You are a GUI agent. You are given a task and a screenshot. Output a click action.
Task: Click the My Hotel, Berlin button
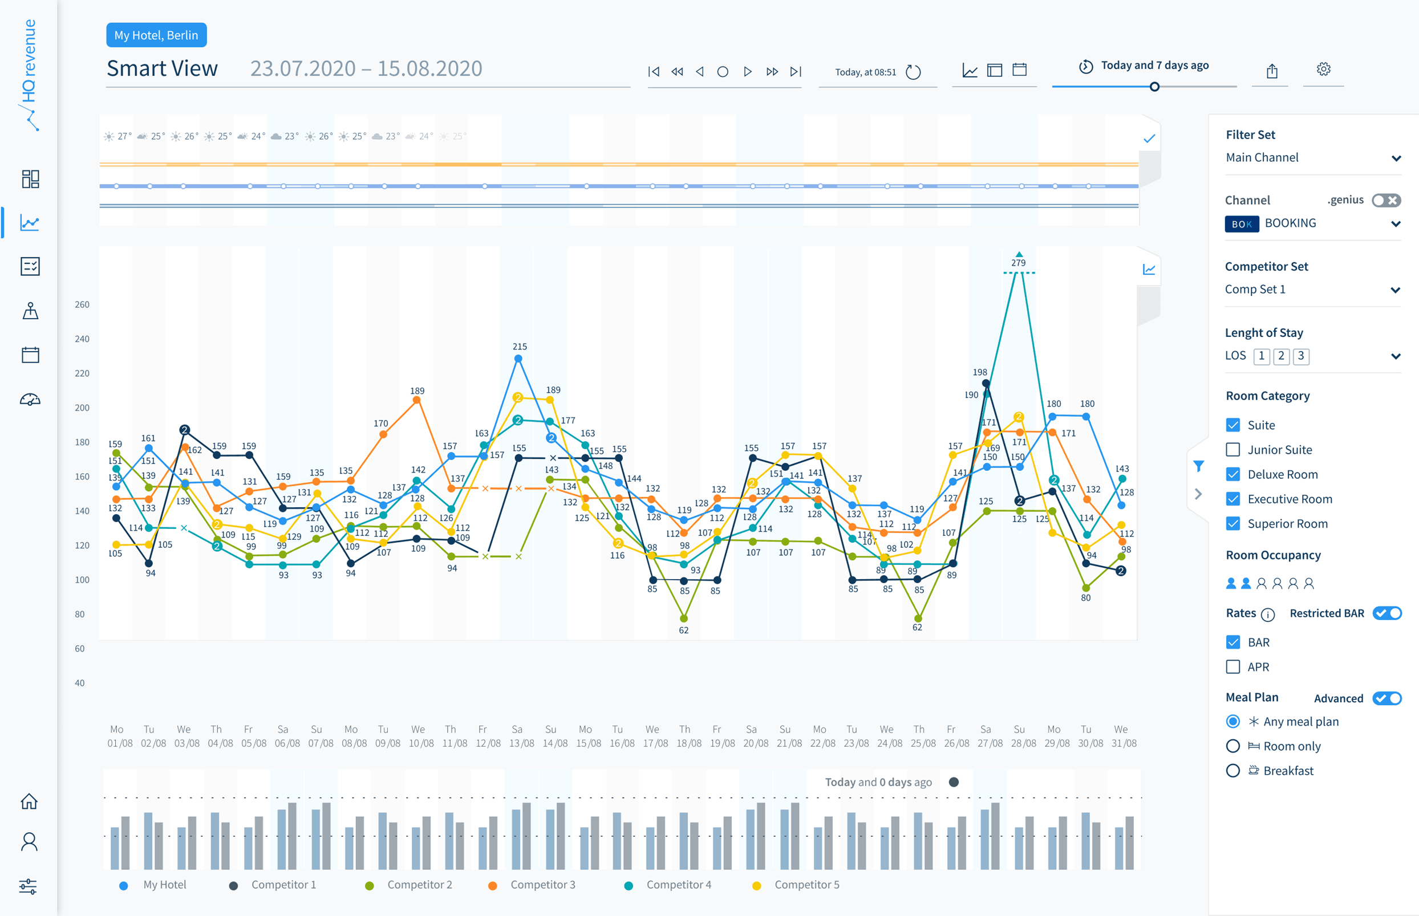156,35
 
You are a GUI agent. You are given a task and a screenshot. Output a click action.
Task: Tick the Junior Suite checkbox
1232,450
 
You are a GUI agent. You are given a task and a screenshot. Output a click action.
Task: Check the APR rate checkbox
1232,667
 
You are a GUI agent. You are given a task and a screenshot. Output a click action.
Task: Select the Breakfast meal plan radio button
1232,771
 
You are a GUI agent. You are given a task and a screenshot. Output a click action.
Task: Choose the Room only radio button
1232,746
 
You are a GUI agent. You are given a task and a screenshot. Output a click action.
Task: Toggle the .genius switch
1386,201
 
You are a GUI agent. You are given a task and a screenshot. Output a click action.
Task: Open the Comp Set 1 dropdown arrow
1395,290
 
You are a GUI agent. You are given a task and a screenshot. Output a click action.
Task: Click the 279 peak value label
1018,263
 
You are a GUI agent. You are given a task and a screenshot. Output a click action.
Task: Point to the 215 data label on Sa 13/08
520,346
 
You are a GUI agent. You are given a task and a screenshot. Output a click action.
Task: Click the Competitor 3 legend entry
542,885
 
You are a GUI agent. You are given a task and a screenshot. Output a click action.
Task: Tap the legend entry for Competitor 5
806,885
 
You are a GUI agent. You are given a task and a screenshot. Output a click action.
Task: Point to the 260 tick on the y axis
82,304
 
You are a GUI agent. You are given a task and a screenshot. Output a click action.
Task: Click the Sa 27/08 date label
990,736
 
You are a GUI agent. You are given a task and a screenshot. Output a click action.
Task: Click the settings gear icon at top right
1323,70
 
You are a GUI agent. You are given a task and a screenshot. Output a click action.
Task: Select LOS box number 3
1301,356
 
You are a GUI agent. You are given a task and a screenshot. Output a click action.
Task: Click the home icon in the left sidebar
29,801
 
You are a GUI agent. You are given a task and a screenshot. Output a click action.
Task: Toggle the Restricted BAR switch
1387,613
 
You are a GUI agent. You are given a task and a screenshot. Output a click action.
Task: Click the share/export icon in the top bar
1272,71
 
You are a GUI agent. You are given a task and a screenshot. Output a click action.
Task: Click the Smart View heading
163,68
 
